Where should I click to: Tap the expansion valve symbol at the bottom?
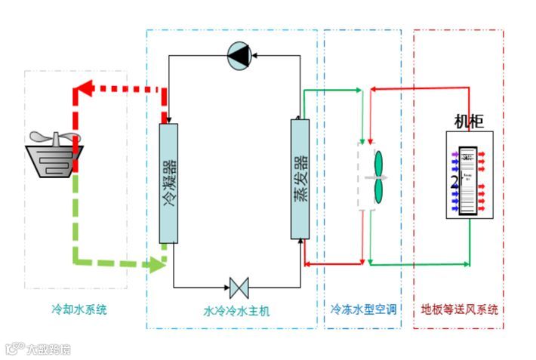(239, 288)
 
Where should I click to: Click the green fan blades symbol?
(379, 177)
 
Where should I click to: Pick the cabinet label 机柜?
(468, 122)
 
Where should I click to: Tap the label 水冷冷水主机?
(236, 311)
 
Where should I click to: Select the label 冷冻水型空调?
(364, 309)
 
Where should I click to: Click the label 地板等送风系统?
(460, 309)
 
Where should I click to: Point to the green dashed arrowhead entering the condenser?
(158, 265)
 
